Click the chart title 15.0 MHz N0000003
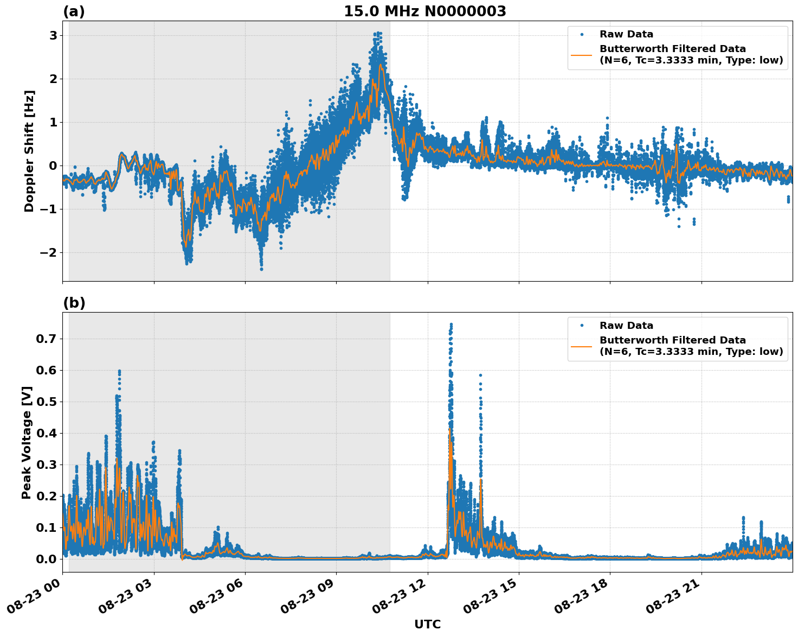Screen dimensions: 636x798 coord(425,11)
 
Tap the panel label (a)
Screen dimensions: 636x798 coord(74,11)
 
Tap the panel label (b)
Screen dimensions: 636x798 coord(74,303)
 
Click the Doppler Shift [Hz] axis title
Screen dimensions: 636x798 coord(29,151)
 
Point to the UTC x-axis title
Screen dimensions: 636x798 coord(427,625)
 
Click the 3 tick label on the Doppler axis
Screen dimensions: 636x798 coord(53,36)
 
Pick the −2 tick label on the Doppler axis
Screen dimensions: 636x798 coord(48,253)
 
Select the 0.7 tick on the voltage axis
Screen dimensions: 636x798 coord(46,339)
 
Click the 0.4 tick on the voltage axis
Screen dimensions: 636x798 coord(46,433)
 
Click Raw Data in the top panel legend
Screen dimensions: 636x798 coord(626,35)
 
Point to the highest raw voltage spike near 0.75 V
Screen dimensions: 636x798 coord(451,325)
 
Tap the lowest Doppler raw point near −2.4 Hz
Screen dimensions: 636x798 coord(261,269)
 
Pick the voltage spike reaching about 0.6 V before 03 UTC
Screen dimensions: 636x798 coord(119,371)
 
